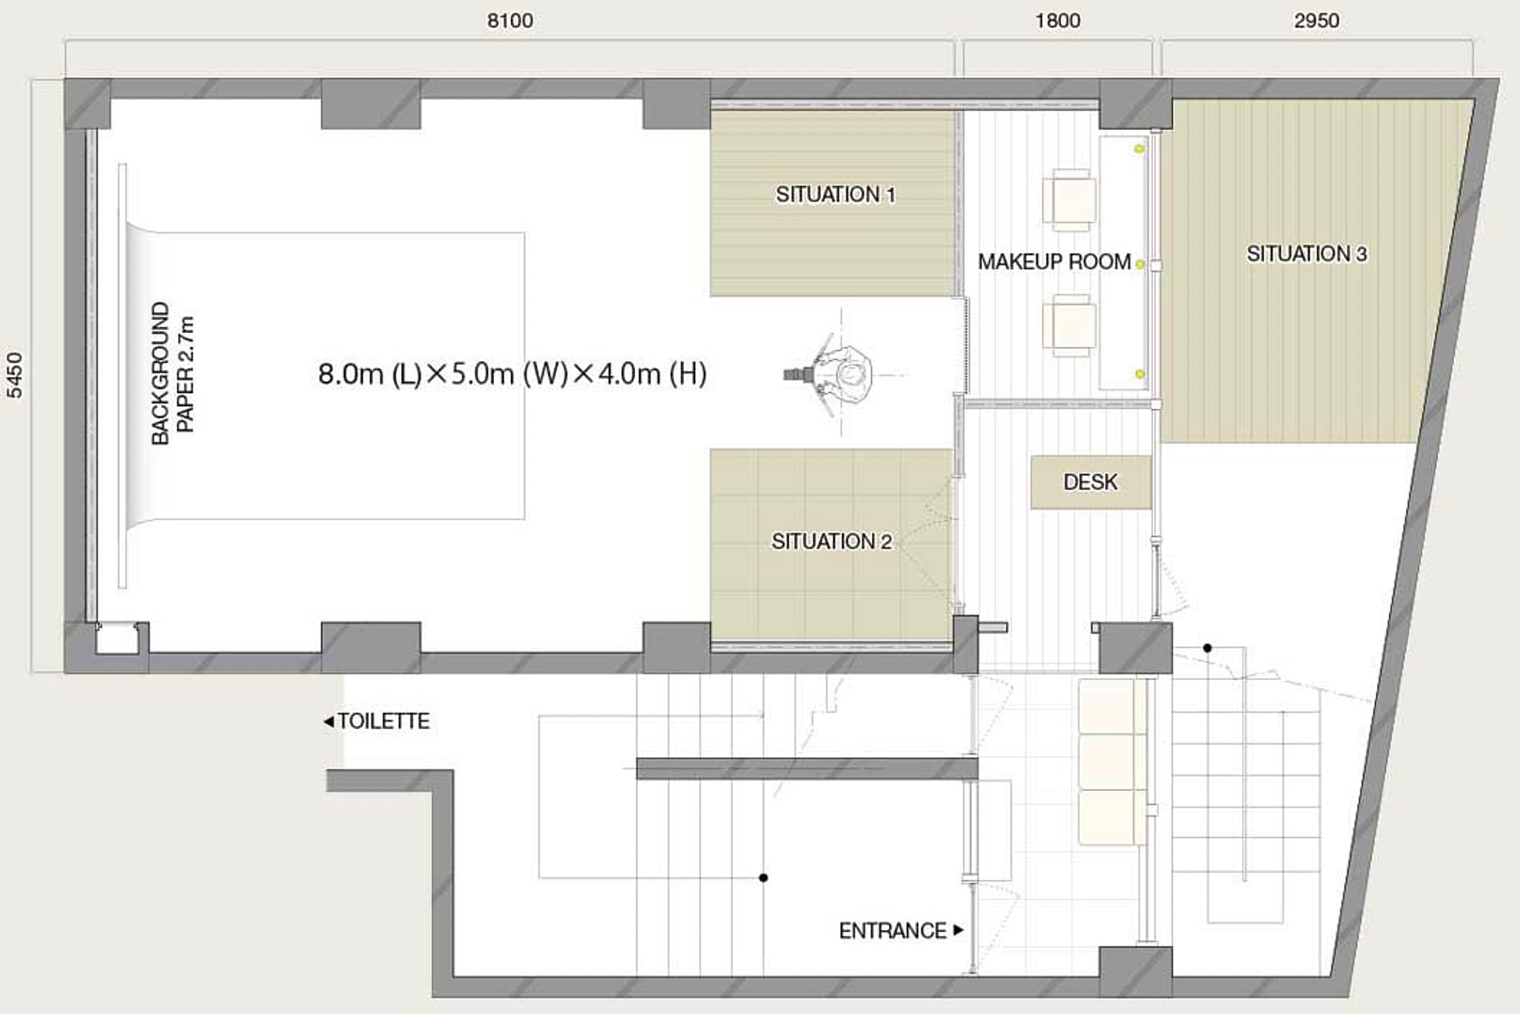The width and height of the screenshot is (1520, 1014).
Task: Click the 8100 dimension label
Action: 510,21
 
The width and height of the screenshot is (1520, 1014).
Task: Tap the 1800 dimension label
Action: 1058,21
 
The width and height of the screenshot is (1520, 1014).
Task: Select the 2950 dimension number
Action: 1316,21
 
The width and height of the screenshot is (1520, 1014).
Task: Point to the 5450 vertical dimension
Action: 14,375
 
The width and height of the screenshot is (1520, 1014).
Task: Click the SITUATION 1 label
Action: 835,194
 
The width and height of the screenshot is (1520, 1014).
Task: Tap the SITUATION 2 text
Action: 832,541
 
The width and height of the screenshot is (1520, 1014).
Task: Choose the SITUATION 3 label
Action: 1307,253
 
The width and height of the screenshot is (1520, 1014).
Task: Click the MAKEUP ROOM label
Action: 1055,262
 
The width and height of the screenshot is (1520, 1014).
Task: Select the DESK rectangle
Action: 1091,482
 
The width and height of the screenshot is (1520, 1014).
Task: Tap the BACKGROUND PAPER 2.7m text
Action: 173,374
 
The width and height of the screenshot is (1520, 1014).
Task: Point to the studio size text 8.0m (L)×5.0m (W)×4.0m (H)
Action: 512,374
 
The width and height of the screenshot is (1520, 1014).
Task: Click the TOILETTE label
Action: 384,721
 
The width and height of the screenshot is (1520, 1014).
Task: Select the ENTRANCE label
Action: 892,930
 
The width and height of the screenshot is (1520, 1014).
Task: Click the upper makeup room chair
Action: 1070,200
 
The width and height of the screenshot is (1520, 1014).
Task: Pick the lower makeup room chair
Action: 1070,326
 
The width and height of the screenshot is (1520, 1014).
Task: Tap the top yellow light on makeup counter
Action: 1139,149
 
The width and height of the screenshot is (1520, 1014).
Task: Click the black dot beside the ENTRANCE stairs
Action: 763,877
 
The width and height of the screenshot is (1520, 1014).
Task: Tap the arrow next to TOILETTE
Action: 329,721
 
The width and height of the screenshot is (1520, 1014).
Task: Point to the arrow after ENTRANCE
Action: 959,930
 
